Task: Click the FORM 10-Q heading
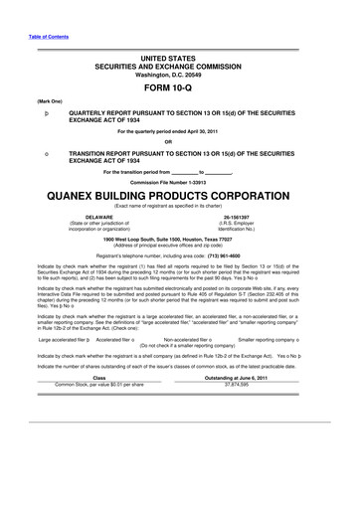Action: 180,85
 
